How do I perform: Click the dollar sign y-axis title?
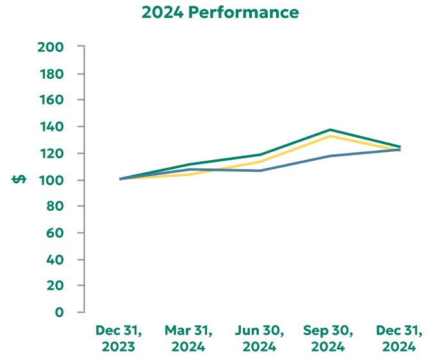pyautogui.click(x=19, y=179)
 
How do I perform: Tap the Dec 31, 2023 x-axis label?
pyautogui.click(x=119, y=339)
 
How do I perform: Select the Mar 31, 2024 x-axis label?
pyautogui.click(x=188, y=339)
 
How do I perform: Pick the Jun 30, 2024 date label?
pyautogui.click(x=259, y=339)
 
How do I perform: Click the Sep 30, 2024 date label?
pyautogui.click(x=329, y=339)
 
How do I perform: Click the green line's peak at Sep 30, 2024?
pyautogui.click(x=330, y=130)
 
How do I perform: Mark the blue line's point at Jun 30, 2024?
pyautogui.click(x=259, y=170)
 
